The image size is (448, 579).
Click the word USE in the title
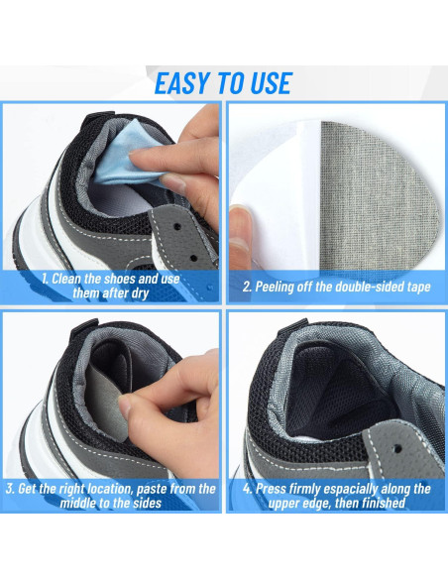point(272,83)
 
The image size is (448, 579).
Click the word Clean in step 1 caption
point(66,279)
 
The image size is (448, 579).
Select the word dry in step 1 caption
point(139,294)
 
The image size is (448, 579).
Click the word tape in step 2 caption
point(418,288)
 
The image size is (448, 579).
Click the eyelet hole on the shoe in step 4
point(397,448)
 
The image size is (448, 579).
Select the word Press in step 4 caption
point(271,489)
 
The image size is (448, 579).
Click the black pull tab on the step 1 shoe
point(95,119)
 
